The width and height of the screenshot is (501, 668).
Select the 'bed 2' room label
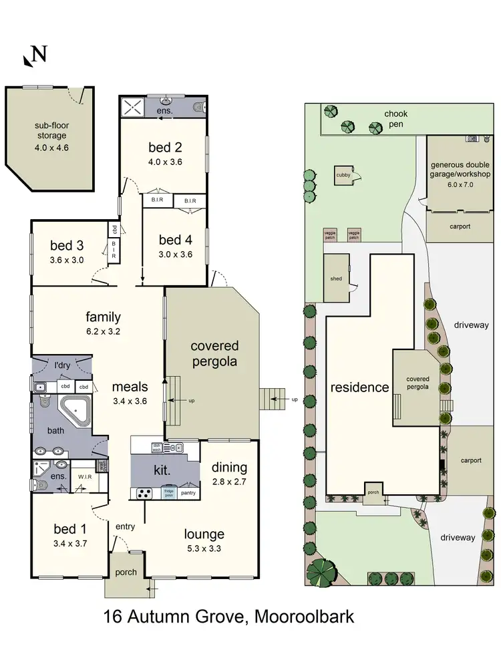(x=165, y=148)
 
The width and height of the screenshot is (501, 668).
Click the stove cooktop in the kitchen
(x=145, y=494)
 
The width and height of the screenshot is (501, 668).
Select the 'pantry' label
(x=188, y=493)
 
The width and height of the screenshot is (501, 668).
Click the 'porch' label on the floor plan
(x=125, y=572)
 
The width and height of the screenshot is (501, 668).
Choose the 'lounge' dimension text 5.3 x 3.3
(x=204, y=548)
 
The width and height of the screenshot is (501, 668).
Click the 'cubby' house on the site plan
(x=343, y=176)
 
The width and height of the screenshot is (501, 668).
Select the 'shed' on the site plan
(x=335, y=279)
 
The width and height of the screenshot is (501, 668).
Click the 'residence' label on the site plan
(x=359, y=387)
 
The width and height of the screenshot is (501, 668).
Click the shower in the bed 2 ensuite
(x=132, y=106)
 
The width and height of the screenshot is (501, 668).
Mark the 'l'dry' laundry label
(x=62, y=365)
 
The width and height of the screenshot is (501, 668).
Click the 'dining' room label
(x=229, y=468)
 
